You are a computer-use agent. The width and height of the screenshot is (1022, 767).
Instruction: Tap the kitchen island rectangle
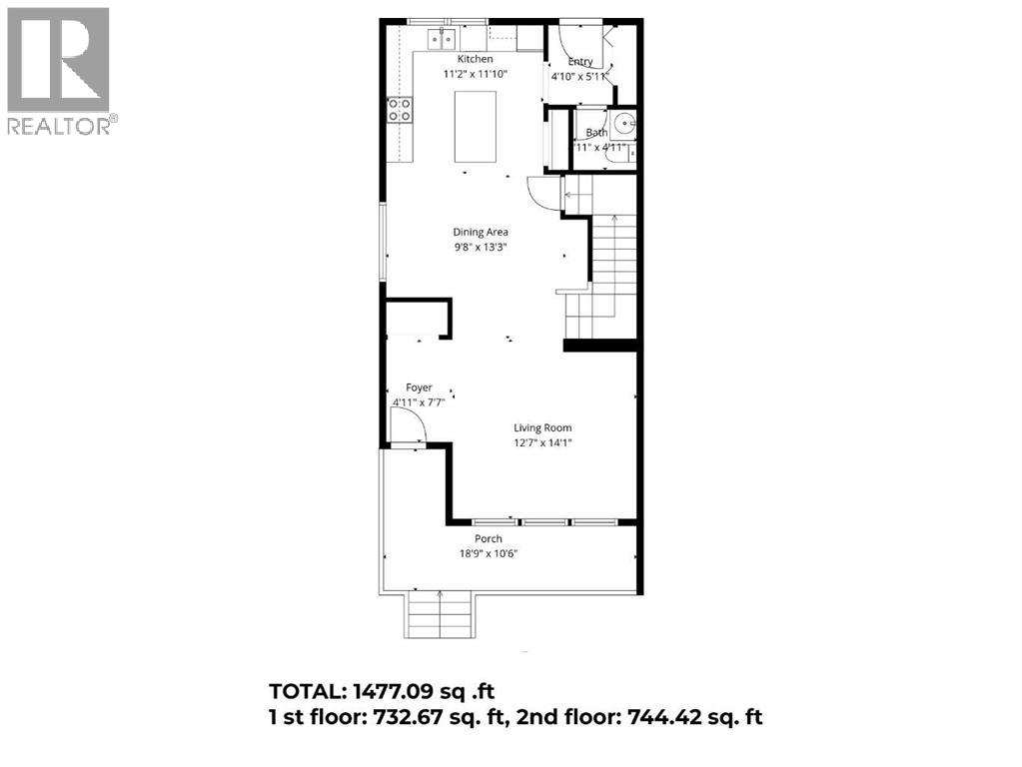point(476,126)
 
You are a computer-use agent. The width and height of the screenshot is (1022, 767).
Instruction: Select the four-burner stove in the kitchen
point(401,110)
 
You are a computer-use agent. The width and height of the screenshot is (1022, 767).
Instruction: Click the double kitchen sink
point(441,39)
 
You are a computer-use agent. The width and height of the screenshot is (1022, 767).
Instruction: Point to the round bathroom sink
point(624,126)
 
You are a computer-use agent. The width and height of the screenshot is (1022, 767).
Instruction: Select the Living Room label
point(543,427)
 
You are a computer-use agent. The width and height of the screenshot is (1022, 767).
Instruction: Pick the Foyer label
point(419,387)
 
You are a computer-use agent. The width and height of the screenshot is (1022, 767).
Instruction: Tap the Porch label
point(489,539)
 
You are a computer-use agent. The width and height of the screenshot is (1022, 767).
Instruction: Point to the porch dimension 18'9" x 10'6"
point(489,553)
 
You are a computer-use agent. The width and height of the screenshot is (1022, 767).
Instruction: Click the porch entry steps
point(440,613)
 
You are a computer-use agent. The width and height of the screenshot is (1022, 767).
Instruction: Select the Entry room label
point(580,61)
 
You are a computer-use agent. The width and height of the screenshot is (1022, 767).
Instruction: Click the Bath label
point(596,132)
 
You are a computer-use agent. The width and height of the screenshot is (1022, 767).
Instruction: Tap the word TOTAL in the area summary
point(308,691)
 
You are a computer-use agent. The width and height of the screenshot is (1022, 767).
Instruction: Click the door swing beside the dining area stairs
point(539,192)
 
